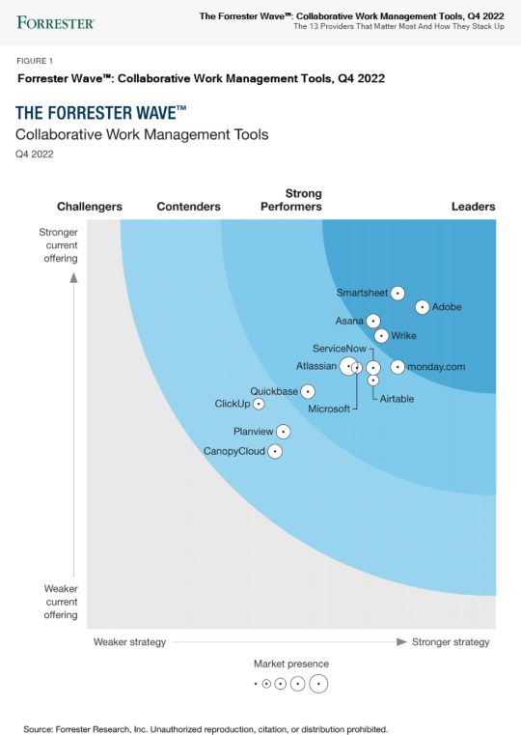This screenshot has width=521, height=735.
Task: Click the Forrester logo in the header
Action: tap(55, 21)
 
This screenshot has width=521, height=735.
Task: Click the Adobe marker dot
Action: tap(422, 307)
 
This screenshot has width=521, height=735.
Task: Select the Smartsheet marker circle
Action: tap(398, 293)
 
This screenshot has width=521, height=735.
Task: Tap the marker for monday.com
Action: tap(398, 367)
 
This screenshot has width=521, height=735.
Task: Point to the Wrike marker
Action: tap(381, 336)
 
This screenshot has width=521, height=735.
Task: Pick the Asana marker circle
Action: tap(373, 321)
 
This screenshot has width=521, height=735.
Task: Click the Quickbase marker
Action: tap(307, 391)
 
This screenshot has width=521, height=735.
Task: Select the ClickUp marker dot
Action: tap(259, 404)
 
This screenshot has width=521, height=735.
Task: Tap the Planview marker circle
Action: tap(283, 432)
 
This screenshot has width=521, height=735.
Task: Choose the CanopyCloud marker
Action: tap(275, 451)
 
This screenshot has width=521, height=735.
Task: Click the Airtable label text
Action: tap(397, 399)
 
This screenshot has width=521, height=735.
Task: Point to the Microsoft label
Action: tap(329, 410)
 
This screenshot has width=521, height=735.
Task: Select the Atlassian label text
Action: tap(316, 366)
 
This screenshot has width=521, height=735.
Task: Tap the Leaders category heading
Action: tap(473, 207)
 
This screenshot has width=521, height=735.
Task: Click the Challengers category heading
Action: tap(90, 207)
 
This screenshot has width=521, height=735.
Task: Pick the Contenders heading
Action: tap(188, 207)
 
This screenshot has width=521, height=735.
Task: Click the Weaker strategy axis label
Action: tap(129, 642)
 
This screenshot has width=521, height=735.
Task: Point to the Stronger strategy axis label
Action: tap(451, 642)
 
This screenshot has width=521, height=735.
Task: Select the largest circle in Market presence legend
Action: tap(317, 684)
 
